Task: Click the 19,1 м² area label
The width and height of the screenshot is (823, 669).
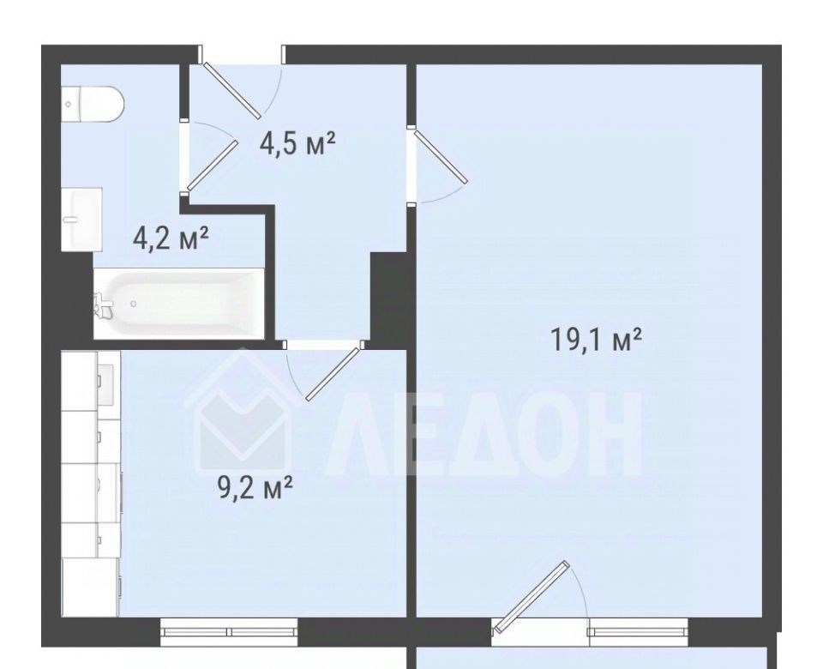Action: click(x=596, y=340)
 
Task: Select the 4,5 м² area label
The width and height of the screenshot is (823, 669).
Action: click(x=297, y=143)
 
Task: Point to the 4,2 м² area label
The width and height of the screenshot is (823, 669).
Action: click(x=171, y=239)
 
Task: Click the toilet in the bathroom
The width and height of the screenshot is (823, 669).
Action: click(x=93, y=104)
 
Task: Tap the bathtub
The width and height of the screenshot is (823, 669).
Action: click(x=179, y=304)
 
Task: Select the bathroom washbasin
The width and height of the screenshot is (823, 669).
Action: click(x=82, y=219)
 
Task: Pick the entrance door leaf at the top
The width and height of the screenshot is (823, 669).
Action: click(x=232, y=90)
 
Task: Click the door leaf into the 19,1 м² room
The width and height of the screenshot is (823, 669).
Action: click(x=441, y=157)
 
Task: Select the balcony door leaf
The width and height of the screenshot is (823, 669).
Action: click(x=532, y=596)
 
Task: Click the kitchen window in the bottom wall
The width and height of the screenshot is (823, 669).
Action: click(x=229, y=632)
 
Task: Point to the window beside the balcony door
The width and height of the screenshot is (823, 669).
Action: click(x=638, y=632)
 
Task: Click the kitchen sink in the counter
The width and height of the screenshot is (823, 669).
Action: click(x=105, y=385)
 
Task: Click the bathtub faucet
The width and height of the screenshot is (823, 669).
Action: click(x=103, y=304)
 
